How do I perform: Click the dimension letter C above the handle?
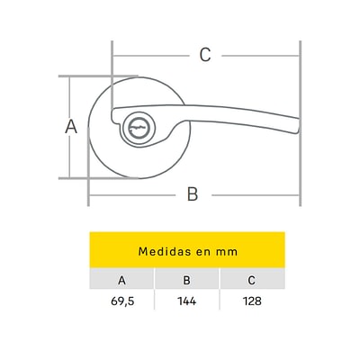[205, 55]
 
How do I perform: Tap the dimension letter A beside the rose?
[71, 126]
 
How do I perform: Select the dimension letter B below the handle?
[193, 194]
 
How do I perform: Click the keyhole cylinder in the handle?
[137, 129]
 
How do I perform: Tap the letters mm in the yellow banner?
[227, 252]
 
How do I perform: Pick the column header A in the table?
[121, 280]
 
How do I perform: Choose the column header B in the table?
[186, 280]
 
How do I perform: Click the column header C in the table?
[251, 280]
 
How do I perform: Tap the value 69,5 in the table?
[122, 301]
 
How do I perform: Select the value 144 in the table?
[187, 301]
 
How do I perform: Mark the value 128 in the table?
[252, 301]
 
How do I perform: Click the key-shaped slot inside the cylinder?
[137, 128]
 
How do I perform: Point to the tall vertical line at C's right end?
[300, 123]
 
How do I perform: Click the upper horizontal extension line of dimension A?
[98, 76]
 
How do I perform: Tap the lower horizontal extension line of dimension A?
[98, 178]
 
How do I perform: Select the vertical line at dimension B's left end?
[88, 166]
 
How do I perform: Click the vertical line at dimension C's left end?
[112, 76]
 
